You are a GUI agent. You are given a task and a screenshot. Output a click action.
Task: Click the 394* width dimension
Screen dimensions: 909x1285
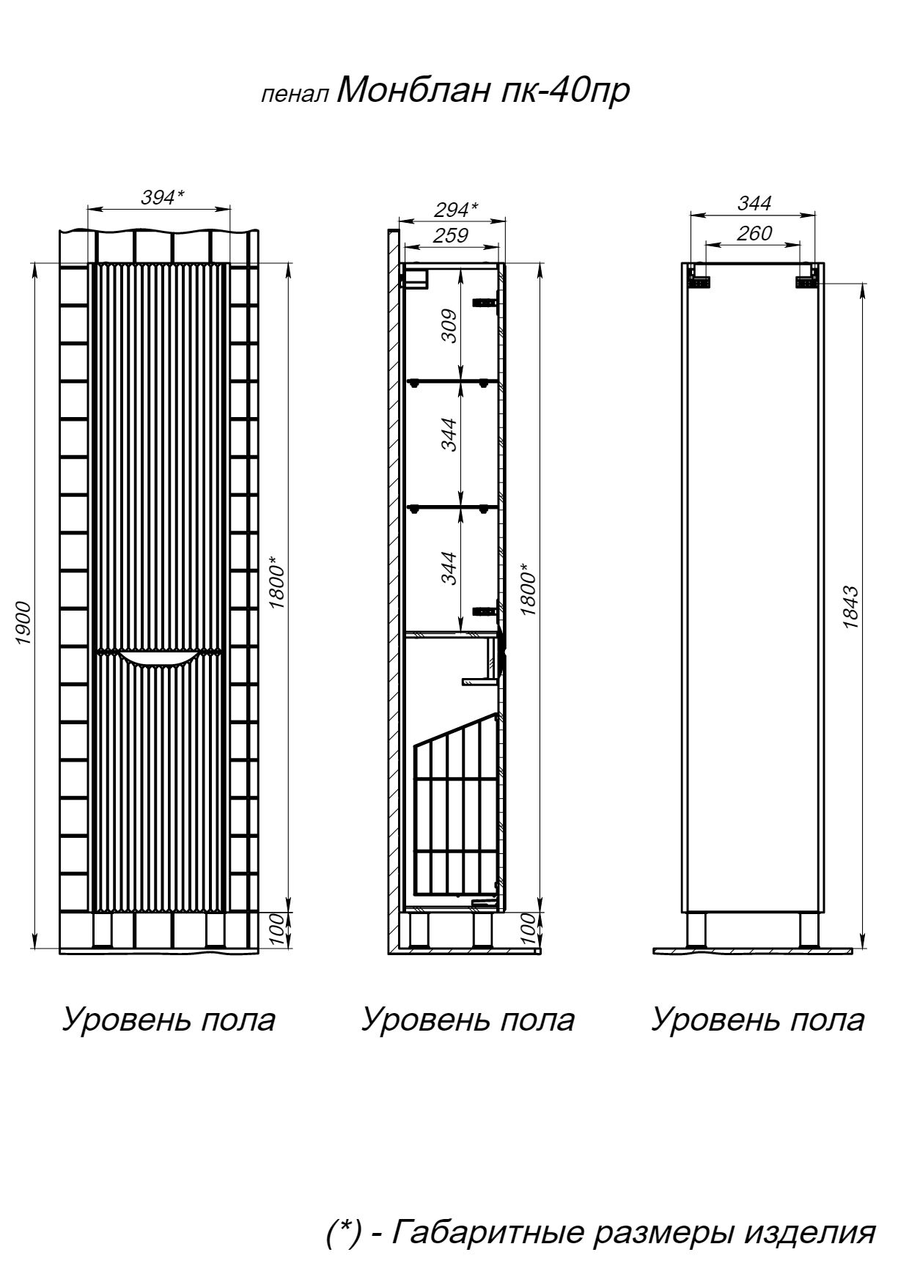click(x=161, y=197)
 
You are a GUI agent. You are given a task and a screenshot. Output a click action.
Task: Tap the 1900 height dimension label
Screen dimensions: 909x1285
click(x=23, y=622)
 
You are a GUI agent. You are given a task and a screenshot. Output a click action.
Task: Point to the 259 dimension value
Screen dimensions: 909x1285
click(x=451, y=235)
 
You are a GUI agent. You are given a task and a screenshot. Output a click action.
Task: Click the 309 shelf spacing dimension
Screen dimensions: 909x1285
click(x=449, y=325)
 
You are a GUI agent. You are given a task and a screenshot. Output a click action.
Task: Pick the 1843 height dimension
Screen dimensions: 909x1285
click(x=850, y=607)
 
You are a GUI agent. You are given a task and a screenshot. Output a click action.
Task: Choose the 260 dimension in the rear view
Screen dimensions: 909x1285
click(x=754, y=233)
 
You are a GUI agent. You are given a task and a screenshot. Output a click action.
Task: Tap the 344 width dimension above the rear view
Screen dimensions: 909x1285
click(x=754, y=203)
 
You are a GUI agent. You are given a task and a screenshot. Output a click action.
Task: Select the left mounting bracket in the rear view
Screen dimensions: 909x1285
click(x=699, y=279)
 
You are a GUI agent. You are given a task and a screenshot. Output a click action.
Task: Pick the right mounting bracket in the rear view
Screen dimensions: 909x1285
click(x=807, y=279)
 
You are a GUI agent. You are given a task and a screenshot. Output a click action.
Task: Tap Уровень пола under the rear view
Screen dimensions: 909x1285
click(x=758, y=1020)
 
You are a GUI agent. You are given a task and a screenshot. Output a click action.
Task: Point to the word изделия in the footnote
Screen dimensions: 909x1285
click(x=809, y=1231)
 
